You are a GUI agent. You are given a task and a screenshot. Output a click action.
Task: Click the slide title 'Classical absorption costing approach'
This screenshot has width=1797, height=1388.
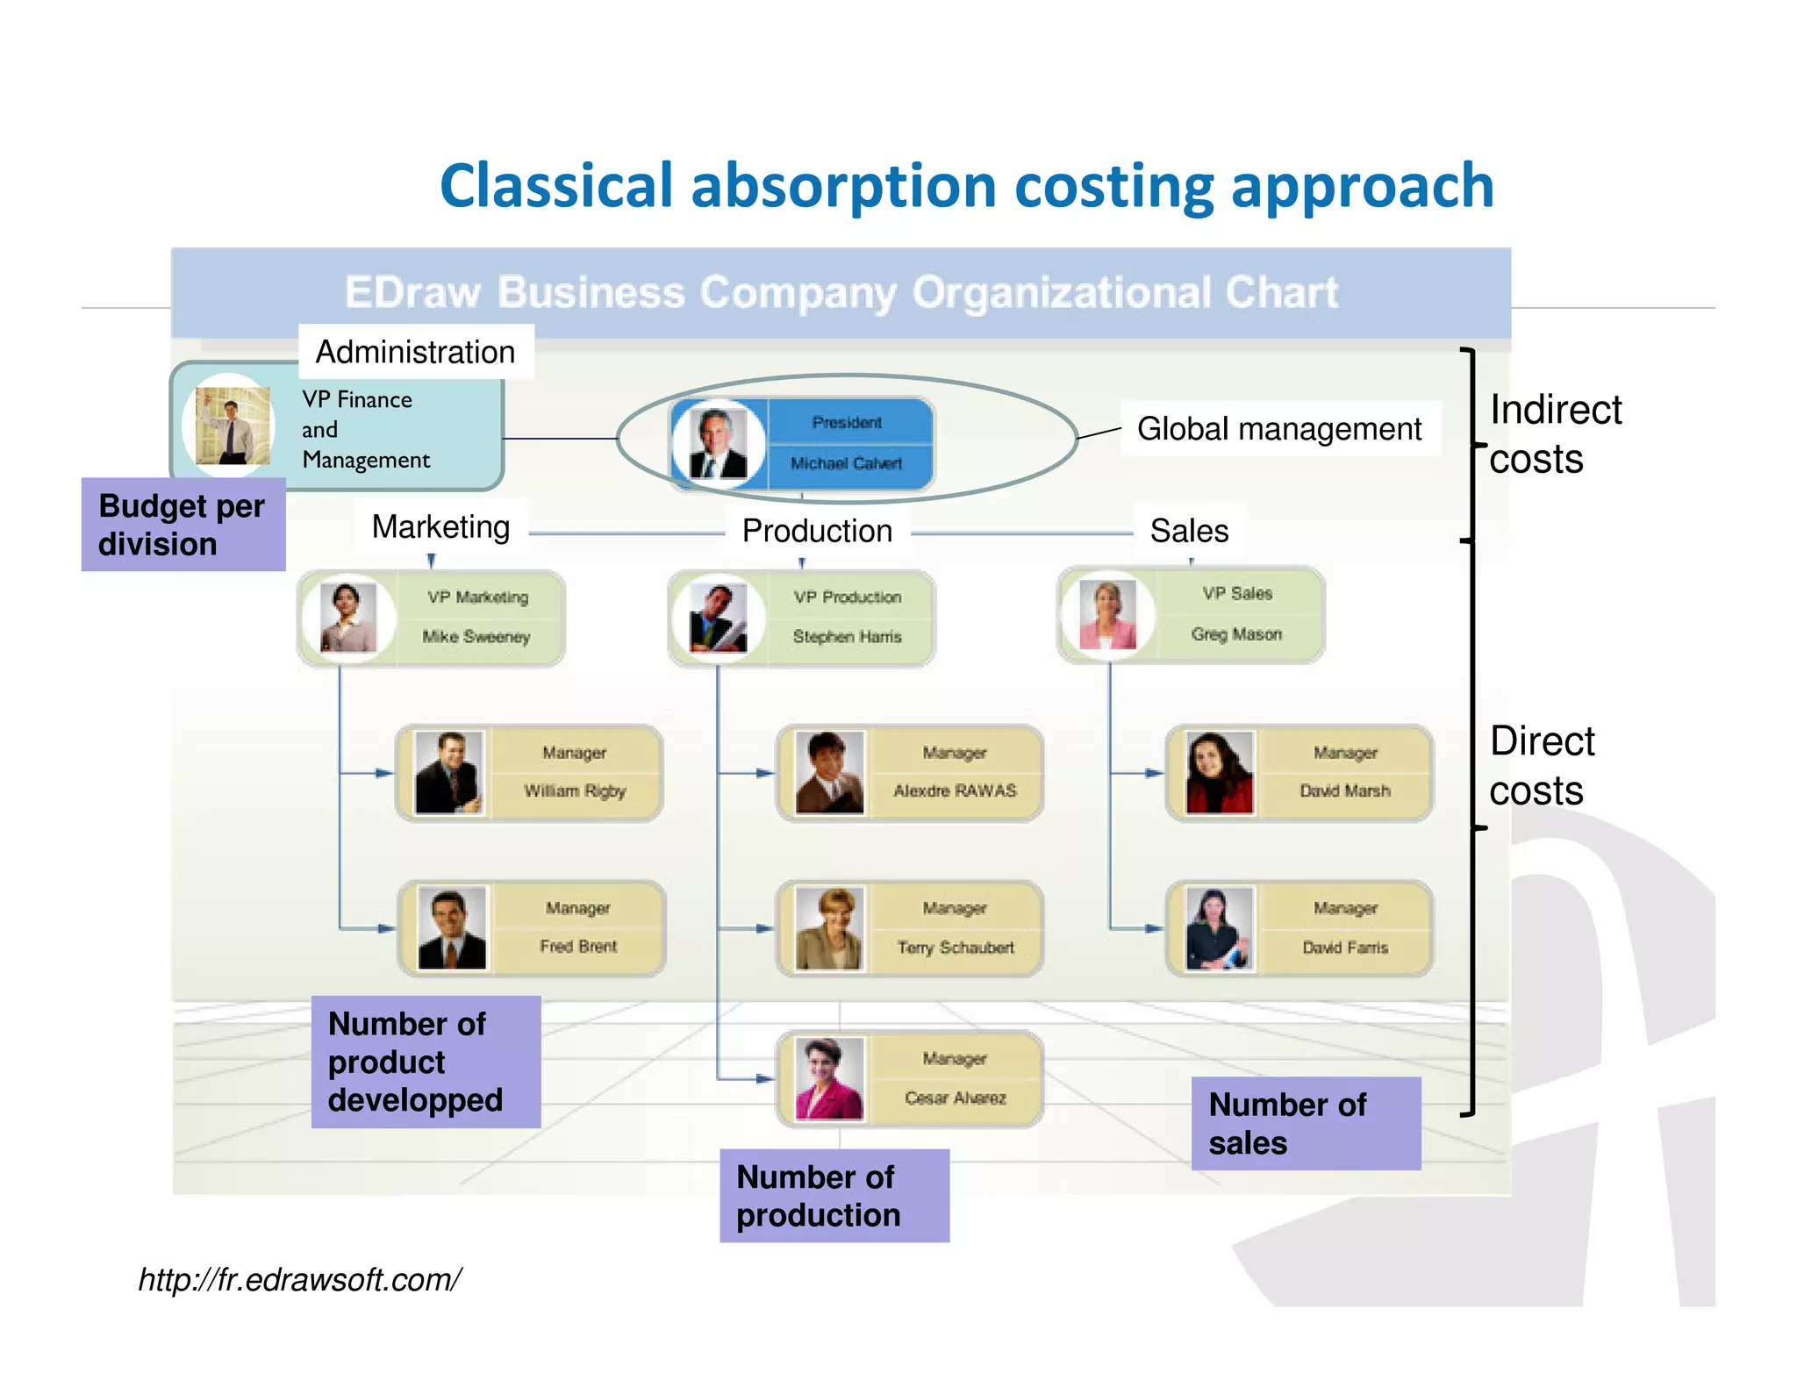pos(966,186)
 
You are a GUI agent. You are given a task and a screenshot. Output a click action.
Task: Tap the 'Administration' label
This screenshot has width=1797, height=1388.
pos(415,352)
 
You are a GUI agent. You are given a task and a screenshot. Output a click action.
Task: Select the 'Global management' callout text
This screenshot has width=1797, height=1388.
pos(1278,429)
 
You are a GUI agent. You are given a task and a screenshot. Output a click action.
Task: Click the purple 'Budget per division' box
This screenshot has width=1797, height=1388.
pos(183,525)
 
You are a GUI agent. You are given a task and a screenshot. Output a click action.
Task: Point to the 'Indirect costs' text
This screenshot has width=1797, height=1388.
pos(1555,434)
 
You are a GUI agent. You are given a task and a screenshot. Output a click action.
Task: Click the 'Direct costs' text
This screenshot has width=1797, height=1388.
pos(1542,765)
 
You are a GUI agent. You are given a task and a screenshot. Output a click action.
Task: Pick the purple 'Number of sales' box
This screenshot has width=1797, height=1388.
pos(1305,1123)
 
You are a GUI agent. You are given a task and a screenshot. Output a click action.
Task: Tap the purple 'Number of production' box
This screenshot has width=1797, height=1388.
pos(834,1195)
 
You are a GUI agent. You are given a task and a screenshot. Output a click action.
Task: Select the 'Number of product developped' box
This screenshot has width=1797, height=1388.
pos(426,1062)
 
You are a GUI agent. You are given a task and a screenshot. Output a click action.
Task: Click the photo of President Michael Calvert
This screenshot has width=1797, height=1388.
pos(718,443)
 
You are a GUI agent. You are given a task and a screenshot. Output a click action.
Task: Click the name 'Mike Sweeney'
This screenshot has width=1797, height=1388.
pos(476,637)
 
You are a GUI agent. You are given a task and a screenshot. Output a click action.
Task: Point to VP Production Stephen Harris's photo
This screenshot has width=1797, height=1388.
pos(718,619)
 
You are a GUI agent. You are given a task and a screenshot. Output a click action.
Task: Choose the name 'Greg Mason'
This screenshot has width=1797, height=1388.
pos(1236,633)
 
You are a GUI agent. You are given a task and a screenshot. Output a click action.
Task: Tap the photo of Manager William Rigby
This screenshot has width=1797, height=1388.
pos(448,773)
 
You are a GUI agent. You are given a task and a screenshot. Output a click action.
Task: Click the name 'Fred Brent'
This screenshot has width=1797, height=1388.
pos(578,946)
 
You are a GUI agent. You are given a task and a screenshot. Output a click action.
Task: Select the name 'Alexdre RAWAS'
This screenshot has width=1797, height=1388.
pos(955,791)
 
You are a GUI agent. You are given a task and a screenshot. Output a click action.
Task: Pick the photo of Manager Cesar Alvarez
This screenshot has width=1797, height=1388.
pos(829,1079)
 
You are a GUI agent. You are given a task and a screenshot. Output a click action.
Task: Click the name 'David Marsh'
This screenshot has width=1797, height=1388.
pos(1344,791)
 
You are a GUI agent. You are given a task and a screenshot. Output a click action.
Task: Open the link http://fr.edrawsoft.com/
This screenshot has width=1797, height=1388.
pos(299,1280)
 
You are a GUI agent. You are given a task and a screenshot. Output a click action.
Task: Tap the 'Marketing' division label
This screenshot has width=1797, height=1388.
pos(440,526)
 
